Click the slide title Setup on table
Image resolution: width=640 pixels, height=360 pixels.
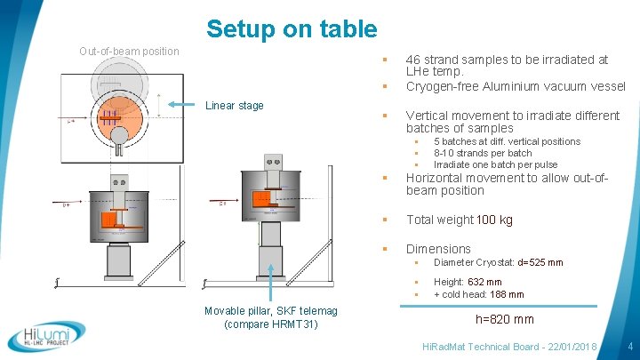[x=292, y=28]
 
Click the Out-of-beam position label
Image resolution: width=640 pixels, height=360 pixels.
[x=129, y=52]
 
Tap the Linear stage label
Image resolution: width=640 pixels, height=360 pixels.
[x=234, y=106]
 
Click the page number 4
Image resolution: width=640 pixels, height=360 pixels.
[x=628, y=345]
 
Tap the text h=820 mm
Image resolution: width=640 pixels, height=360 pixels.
[x=505, y=319]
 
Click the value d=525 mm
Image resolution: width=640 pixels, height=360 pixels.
[x=540, y=263]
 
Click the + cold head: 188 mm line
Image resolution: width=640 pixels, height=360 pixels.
[x=478, y=294]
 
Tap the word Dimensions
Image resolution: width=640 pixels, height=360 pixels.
[x=438, y=249]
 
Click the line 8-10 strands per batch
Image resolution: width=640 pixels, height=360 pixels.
[x=483, y=153]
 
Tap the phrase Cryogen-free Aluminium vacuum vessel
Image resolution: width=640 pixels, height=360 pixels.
[x=516, y=86]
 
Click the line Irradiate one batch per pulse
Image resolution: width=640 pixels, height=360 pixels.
[x=495, y=164]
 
